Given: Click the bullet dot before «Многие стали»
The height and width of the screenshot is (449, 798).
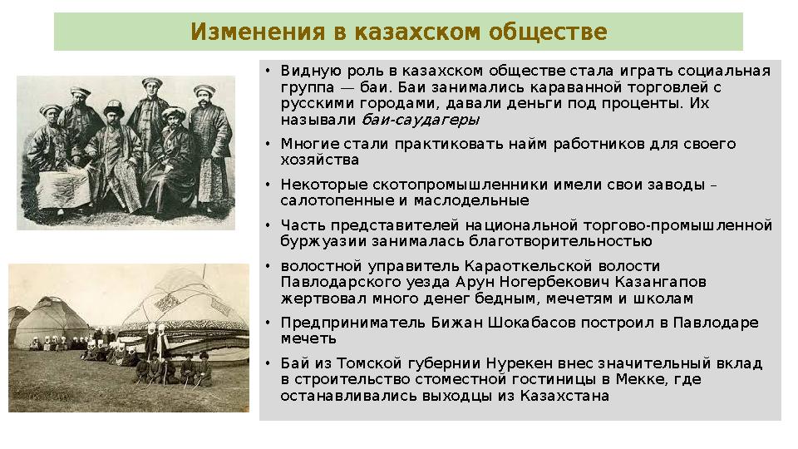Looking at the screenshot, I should pos(268,145).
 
